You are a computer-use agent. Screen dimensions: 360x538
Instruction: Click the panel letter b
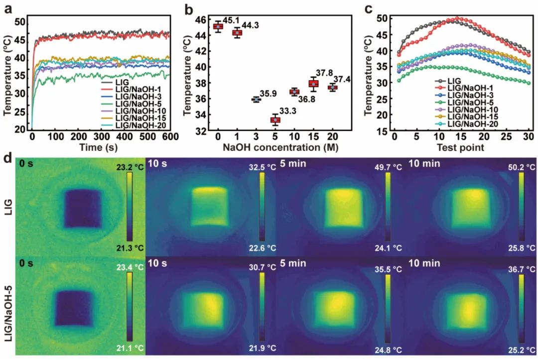pos(188,9)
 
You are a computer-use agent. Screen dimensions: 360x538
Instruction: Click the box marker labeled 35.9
pos(256,99)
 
